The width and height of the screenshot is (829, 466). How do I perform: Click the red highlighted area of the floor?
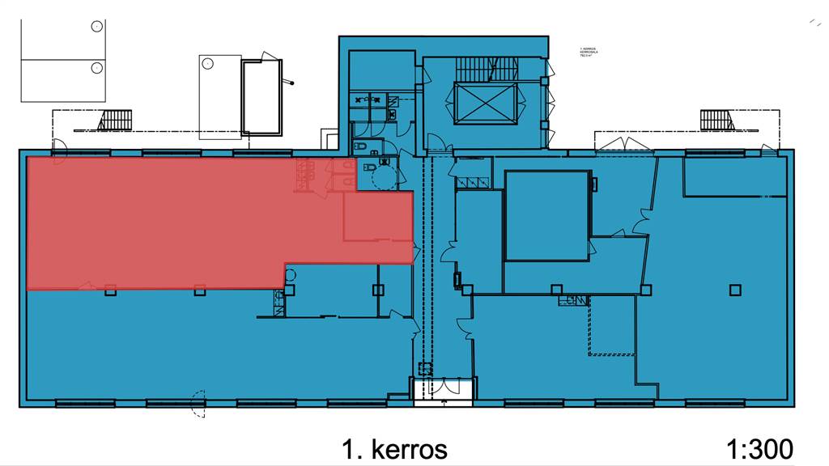coord(162,222)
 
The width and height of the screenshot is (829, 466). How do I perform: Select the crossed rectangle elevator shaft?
coord(485,104)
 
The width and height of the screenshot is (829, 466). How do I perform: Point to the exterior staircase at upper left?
coord(114,121)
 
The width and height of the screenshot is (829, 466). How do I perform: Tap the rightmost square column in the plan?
coord(734,290)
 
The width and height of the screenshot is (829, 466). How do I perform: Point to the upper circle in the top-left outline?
coord(97,27)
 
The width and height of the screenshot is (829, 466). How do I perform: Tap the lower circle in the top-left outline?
coord(97,66)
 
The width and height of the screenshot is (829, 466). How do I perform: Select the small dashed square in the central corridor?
coord(422,368)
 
